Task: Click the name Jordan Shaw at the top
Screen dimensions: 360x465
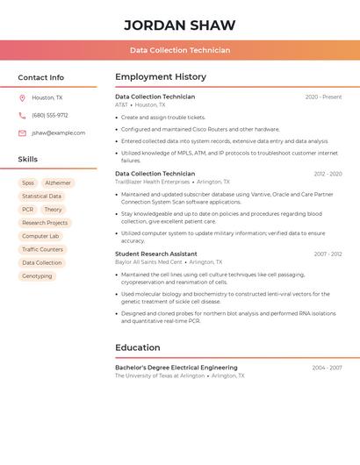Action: coord(180,25)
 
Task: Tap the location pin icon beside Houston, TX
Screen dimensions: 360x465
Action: coord(22,97)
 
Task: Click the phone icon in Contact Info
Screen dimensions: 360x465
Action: coord(22,115)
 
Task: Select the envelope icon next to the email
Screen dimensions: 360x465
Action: coord(22,132)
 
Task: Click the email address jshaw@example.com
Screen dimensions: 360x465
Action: coord(59,132)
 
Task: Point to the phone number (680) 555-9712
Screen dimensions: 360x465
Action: coord(50,115)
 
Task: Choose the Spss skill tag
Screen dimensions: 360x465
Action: coord(28,183)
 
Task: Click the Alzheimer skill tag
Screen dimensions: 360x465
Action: coord(58,183)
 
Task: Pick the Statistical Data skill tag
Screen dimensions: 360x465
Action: coord(41,197)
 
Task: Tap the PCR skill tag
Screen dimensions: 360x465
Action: coord(28,210)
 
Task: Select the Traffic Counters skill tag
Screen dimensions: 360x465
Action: coord(42,249)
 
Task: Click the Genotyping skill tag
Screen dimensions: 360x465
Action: coord(37,275)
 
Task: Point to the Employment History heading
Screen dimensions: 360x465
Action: coord(161,77)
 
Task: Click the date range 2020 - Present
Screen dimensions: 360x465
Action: coord(323,97)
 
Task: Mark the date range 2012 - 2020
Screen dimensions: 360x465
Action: coord(327,174)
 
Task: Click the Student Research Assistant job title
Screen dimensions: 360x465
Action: coord(157,254)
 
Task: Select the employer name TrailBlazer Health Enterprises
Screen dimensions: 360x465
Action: coord(152,182)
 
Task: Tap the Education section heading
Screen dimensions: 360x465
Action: coord(137,347)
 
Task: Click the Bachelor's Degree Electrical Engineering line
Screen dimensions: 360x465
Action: coord(176,368)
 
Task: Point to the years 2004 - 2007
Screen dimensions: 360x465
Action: coord(327,368)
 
